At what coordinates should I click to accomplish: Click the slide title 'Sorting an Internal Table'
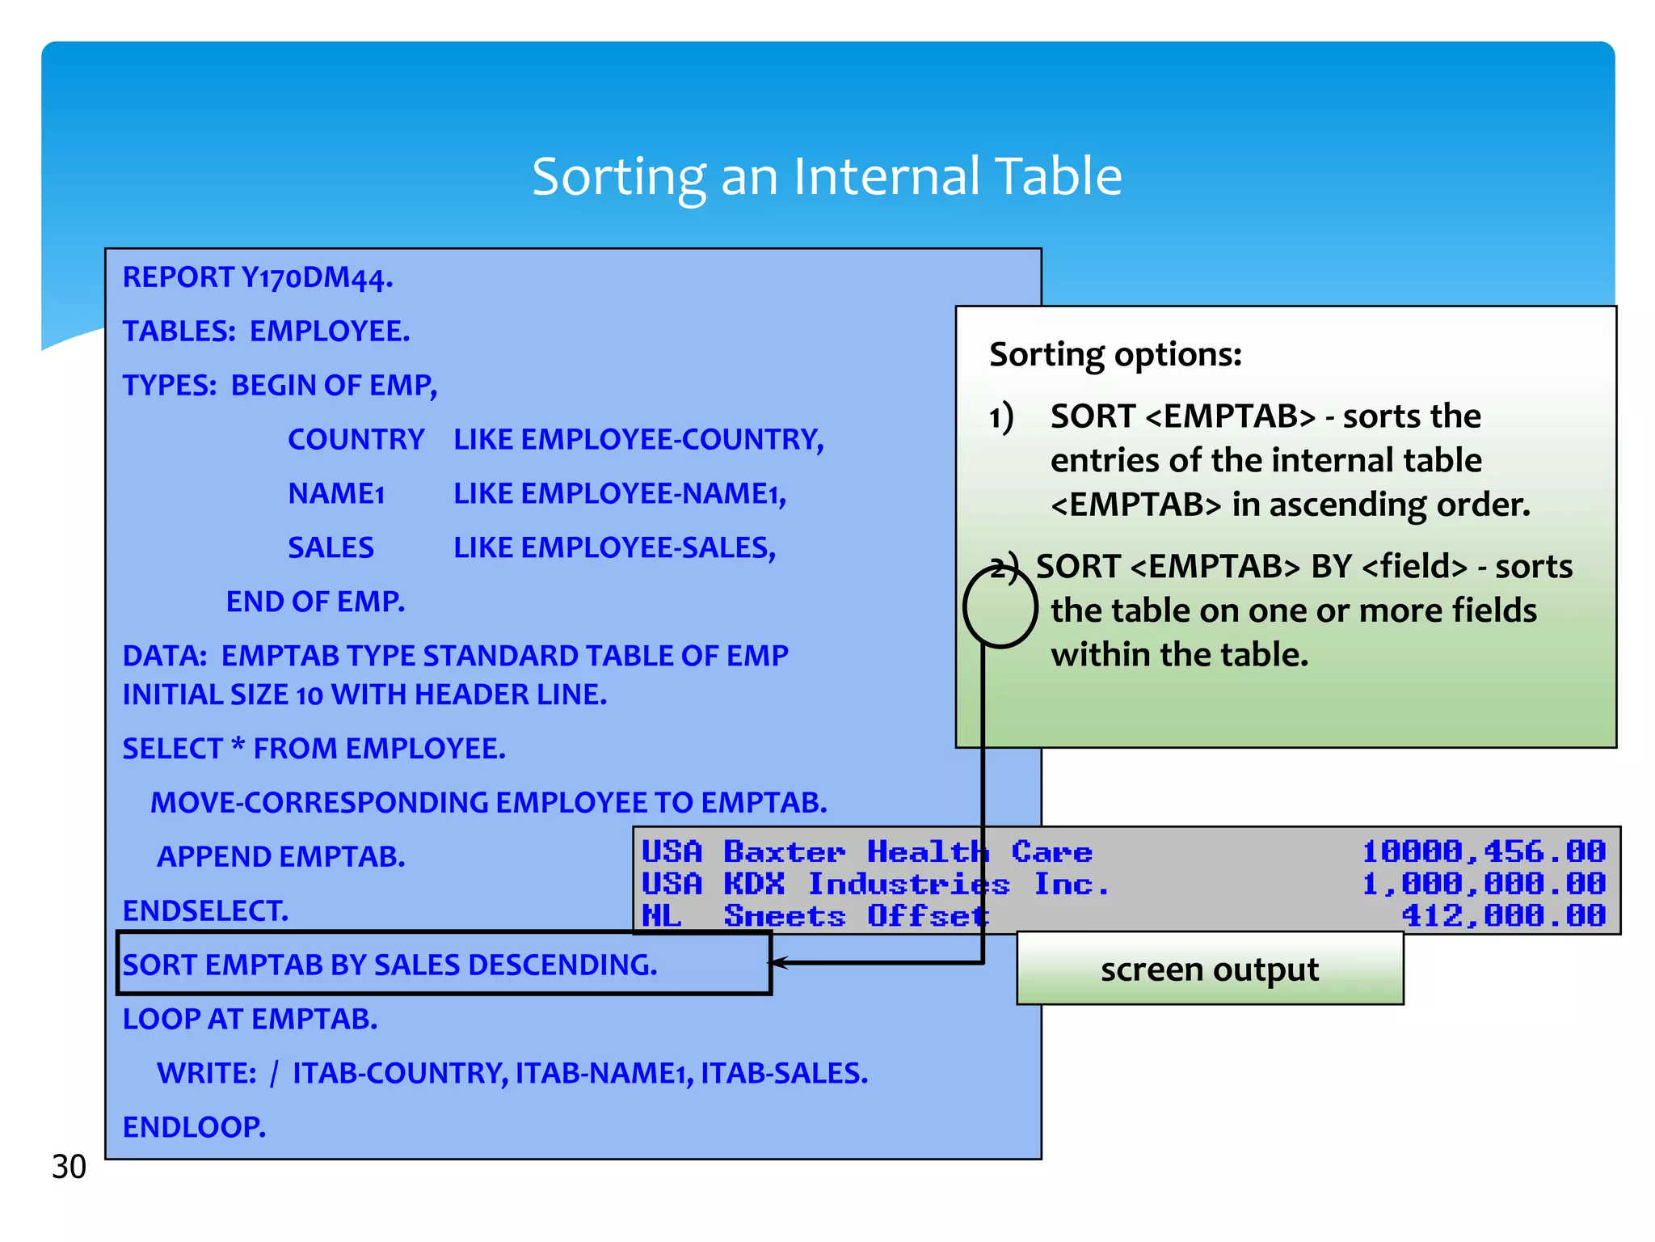[x=826, y=176]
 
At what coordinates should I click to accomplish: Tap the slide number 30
[x=69, y=1167]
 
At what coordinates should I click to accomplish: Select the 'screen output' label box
[x=1209, y=969]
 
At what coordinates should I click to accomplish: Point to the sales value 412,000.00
[x=1503, y=916]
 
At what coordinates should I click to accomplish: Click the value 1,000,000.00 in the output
[x=1484, y=884]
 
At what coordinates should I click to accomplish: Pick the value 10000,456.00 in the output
[x=1484, y=851]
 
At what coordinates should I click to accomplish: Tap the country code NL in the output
[x=661, y=916]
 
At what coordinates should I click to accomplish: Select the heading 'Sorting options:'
[x=1115, y=354]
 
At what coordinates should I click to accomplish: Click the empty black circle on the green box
[x=1000, y=607]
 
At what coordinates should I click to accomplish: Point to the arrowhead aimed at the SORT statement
[x=778, y=962]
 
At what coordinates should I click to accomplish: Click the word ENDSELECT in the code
[x=205, y=911]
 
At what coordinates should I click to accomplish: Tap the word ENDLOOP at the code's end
[x=194, y=1127]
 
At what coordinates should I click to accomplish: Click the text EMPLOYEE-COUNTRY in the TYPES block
[x=672, y=440]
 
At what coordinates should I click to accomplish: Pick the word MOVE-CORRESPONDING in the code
[x=319, y=803]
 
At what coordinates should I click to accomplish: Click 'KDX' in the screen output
[x=754, y=884]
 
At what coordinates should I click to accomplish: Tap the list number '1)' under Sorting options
[x=1001, y=417]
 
